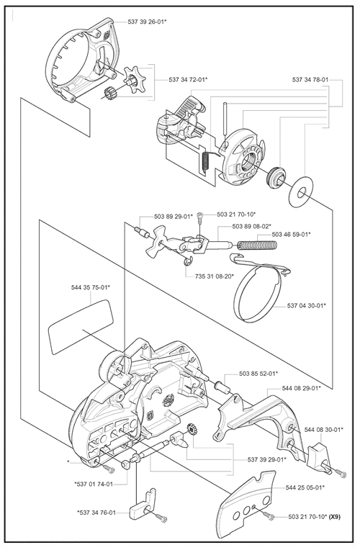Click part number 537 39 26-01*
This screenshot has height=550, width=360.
click(x=147, y=22)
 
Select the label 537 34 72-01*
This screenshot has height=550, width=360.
click(x=188, y=80)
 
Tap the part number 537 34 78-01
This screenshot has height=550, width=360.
click(x=310, y=80)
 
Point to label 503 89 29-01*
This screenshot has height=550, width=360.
click(x=174, y=217)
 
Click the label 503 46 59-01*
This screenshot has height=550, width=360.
click(x=291, y=234)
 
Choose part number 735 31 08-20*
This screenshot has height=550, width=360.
click(x=215, y=276)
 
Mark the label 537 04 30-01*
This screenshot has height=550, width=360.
click(x=306, y=305)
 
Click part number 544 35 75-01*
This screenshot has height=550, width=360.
click(x=91, y=288)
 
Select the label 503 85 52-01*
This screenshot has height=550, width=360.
click(x=258, y=374)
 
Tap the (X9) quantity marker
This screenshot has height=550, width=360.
click(x=334, y=517)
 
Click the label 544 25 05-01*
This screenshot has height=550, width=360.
click(x=305, y=487)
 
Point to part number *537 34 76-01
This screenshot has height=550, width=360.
click(x=96, y=513)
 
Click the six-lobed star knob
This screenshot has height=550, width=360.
click(x=134, y=81)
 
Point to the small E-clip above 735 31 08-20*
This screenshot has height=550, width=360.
click(x=188, y=261)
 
